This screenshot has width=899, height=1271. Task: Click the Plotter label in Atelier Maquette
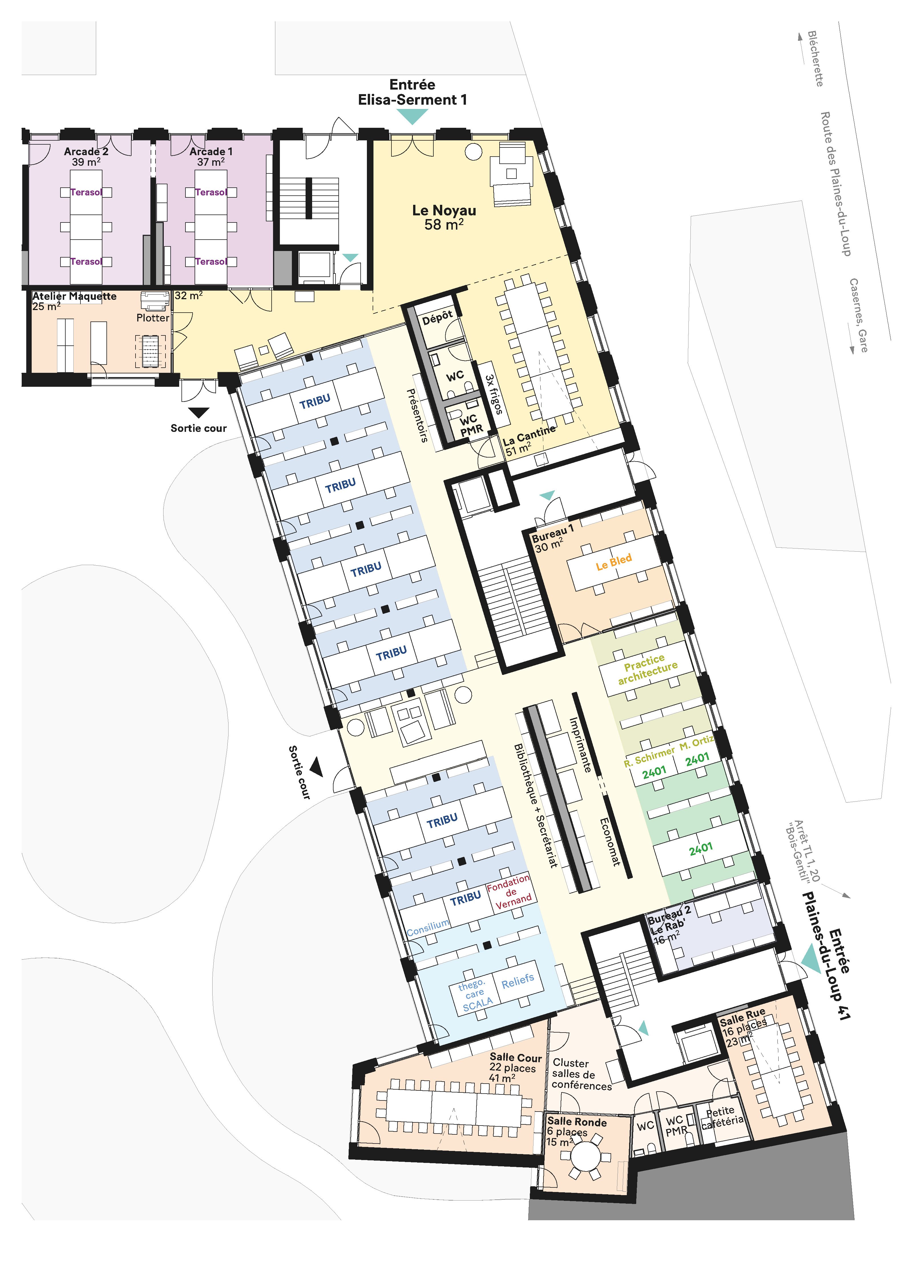point(153,318)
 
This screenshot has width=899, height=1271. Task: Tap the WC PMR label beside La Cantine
point(470,425)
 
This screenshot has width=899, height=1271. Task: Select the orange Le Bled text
point(613,562)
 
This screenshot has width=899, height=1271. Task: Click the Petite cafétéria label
point(722,1117)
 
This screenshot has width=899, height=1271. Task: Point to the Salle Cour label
point(515,1058)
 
